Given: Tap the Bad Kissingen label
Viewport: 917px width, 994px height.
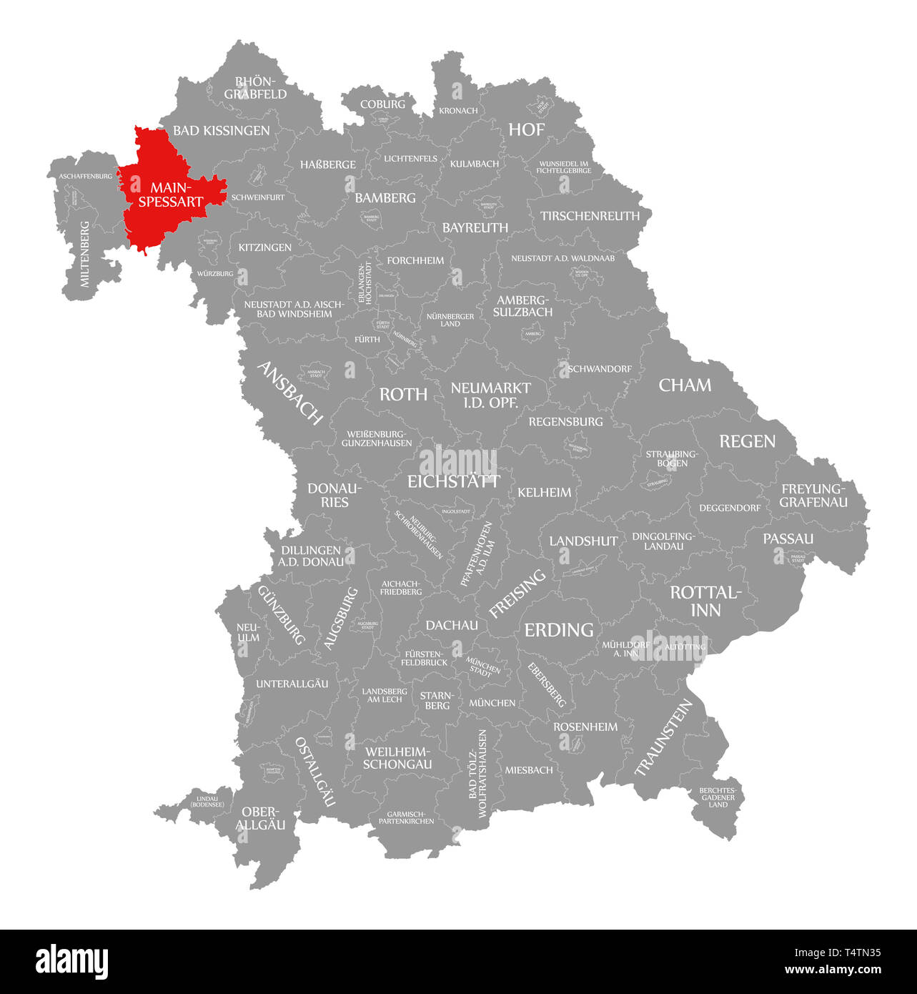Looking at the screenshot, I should click(222, 130).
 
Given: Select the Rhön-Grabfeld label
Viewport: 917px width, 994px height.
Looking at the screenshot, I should click(255, 88).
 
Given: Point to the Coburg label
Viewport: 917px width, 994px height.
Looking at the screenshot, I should click(382, 104).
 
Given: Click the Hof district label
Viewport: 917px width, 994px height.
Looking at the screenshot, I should click(527, 129).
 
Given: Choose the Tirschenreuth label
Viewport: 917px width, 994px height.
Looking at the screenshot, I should click(590, 215).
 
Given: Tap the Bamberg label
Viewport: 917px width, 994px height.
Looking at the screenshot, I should click(385, 197).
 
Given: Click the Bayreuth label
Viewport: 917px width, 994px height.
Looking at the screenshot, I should click(475, 227).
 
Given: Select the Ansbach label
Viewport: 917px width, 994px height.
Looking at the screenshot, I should click(289, 393).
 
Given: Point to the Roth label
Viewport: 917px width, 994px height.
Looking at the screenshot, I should click(403, 394).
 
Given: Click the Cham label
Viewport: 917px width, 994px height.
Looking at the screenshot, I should click(685, 385).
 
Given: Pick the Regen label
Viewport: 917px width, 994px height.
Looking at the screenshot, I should click(747, 441).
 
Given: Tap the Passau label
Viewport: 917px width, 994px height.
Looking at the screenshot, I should click(788, 538).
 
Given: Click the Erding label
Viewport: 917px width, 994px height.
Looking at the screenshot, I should click(559, 629).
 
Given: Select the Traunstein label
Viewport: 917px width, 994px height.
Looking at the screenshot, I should click(664, 737).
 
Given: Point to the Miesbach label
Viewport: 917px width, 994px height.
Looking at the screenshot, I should click(529, 770).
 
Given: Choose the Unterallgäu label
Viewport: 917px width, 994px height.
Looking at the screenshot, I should click(292, 684).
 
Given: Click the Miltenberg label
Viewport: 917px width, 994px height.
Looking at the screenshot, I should click(85, 255).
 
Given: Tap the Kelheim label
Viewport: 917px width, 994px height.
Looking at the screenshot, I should click(545, 492).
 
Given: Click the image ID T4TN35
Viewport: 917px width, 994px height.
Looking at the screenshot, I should click(856, 953).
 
